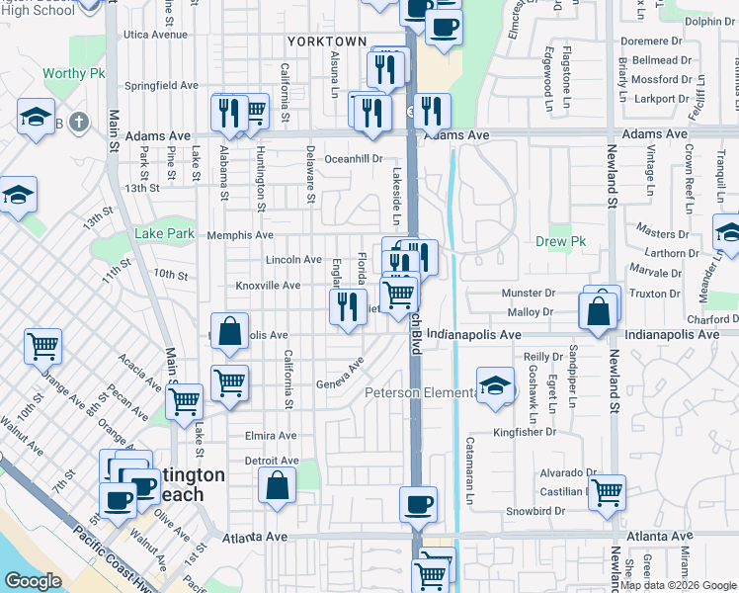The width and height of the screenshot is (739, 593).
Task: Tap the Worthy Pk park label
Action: tap(71, 75)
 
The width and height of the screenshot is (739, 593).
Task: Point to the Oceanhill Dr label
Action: tap(353, 158)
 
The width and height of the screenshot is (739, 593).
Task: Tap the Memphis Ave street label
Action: tap(240, 235)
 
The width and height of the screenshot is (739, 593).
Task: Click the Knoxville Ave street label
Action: tap(267, 286)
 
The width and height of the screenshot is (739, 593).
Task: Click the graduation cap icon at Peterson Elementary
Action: tap(496, 385)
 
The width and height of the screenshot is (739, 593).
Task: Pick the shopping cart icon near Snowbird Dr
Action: tap(607, 492)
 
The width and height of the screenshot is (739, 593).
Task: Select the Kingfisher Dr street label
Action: tap(526, 432)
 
